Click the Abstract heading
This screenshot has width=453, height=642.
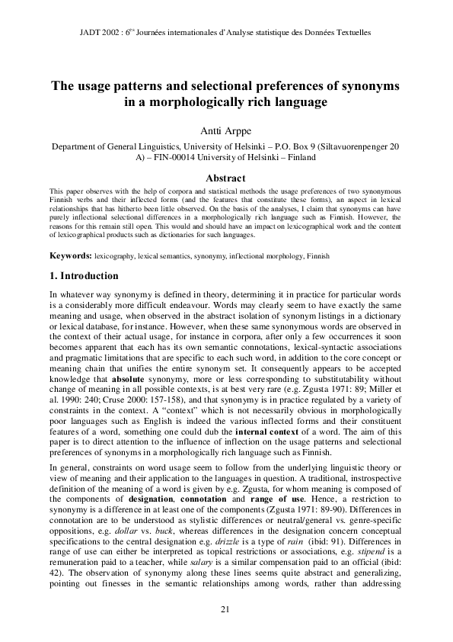point(226,179)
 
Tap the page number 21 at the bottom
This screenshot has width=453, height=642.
point(225,608)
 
